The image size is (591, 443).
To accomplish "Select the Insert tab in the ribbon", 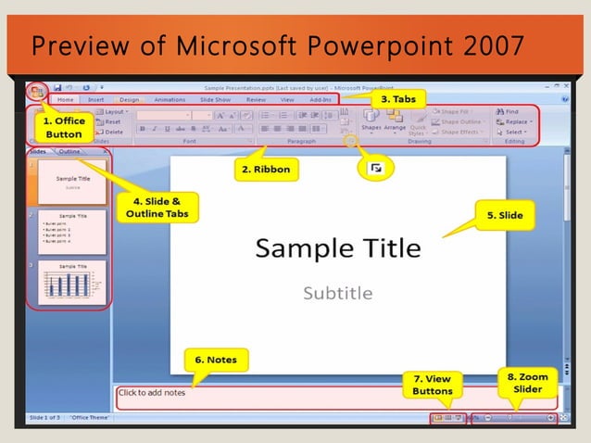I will pos(96,99).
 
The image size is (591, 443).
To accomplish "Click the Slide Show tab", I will pos(215,99).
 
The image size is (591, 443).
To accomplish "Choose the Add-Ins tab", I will pos(321,99).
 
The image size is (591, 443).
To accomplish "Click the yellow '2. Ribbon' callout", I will pos(266,170).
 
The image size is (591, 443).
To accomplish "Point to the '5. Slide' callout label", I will pos(505,215).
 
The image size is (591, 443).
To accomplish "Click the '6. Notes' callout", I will pos(216,359).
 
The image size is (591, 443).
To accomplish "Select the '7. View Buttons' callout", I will pos(432,385).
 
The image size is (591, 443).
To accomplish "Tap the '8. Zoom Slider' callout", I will pos(527,383).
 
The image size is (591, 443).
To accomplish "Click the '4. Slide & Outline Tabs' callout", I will pos(153,205).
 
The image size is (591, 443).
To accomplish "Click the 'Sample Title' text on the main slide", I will pos(337,248).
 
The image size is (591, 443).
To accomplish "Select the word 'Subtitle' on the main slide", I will pos(337,293).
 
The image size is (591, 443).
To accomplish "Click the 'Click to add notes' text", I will pos(152,393).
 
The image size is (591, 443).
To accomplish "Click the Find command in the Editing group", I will pos(511,111).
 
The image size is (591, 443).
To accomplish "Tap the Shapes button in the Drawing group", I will pos(371,120).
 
